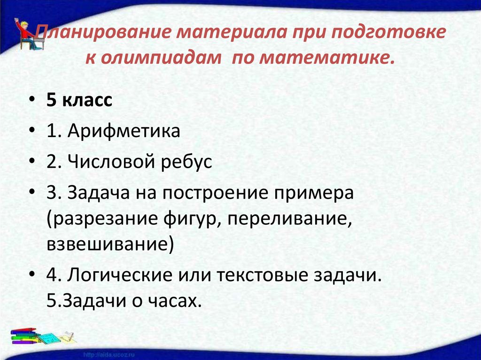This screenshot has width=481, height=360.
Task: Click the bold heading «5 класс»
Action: [79, 101]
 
